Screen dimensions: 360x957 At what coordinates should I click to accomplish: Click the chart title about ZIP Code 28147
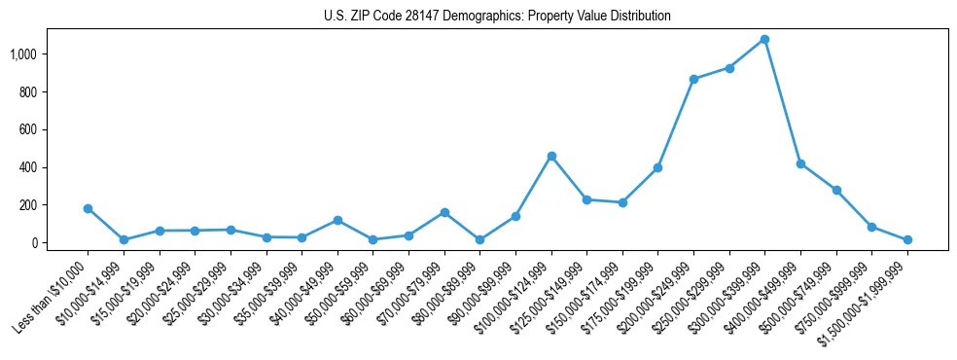497,16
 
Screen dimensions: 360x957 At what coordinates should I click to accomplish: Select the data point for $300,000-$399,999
764,39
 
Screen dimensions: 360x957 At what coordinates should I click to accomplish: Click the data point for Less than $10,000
88,208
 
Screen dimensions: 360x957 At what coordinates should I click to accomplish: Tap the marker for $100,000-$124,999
551,156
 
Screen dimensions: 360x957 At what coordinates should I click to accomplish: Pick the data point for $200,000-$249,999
693,79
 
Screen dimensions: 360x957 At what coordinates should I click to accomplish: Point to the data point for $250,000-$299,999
729,68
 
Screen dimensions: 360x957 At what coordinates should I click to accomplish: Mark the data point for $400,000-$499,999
800,163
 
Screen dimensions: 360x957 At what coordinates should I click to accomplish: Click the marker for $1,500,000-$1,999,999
907,239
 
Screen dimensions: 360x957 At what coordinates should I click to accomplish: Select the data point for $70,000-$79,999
444,212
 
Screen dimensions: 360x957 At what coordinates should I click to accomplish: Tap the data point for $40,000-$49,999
337,220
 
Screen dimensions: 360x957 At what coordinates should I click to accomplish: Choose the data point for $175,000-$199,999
658,167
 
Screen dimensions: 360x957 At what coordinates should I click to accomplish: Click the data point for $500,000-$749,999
836,190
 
